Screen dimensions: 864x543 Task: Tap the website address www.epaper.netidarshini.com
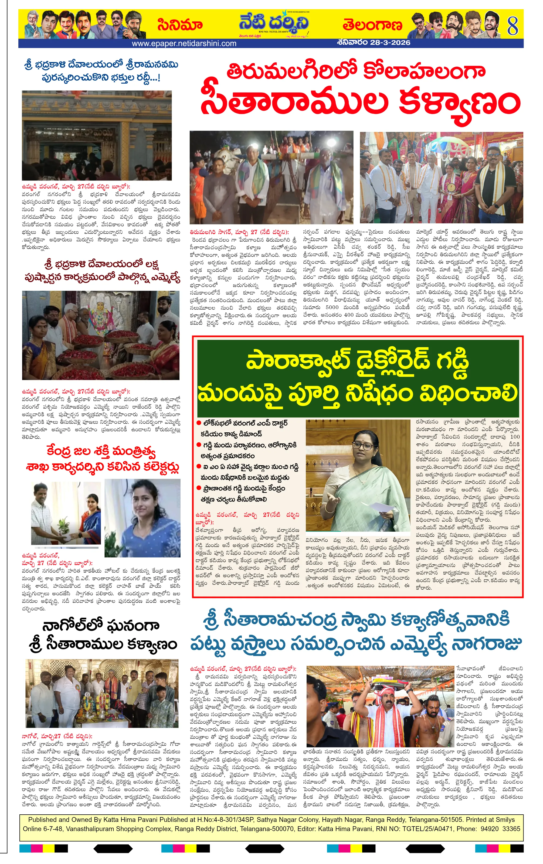click(x=184, y=44)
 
